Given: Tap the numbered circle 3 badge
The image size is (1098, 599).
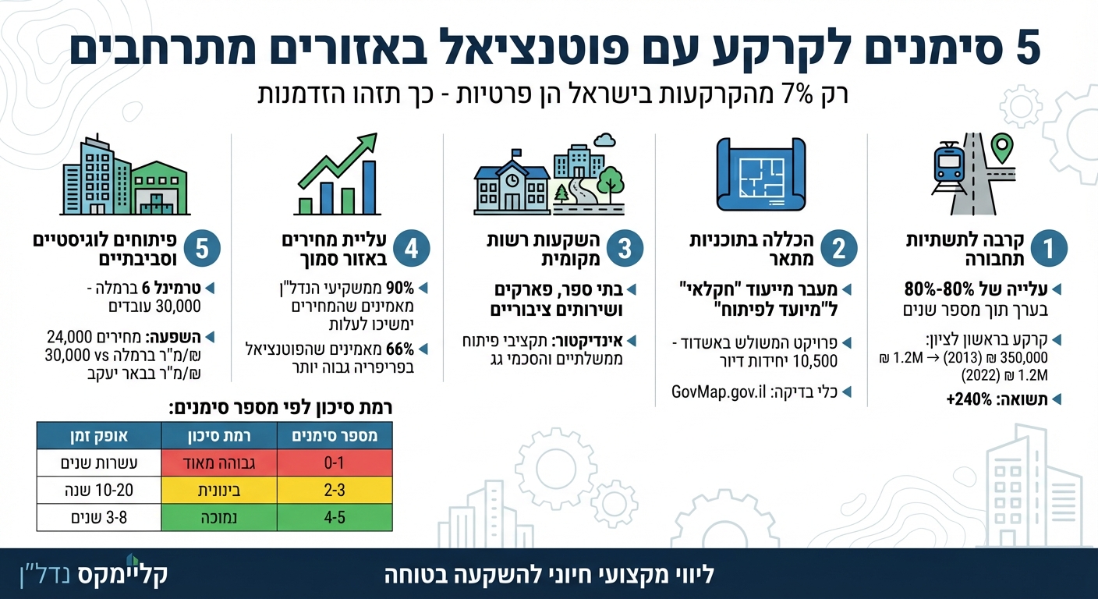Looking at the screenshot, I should [625, 249].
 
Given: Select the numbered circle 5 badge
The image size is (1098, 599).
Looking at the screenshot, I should [202, 249].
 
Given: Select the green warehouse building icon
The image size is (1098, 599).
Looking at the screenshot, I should [160, 189].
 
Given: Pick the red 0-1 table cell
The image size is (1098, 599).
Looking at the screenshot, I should [335, 464].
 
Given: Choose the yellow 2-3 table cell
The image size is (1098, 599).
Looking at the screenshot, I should [335, 491].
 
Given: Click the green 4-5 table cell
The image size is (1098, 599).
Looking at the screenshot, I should [335, 517].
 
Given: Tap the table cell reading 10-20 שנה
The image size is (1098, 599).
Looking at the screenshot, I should [98, 491].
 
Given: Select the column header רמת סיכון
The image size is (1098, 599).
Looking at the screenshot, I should [219, 436].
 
